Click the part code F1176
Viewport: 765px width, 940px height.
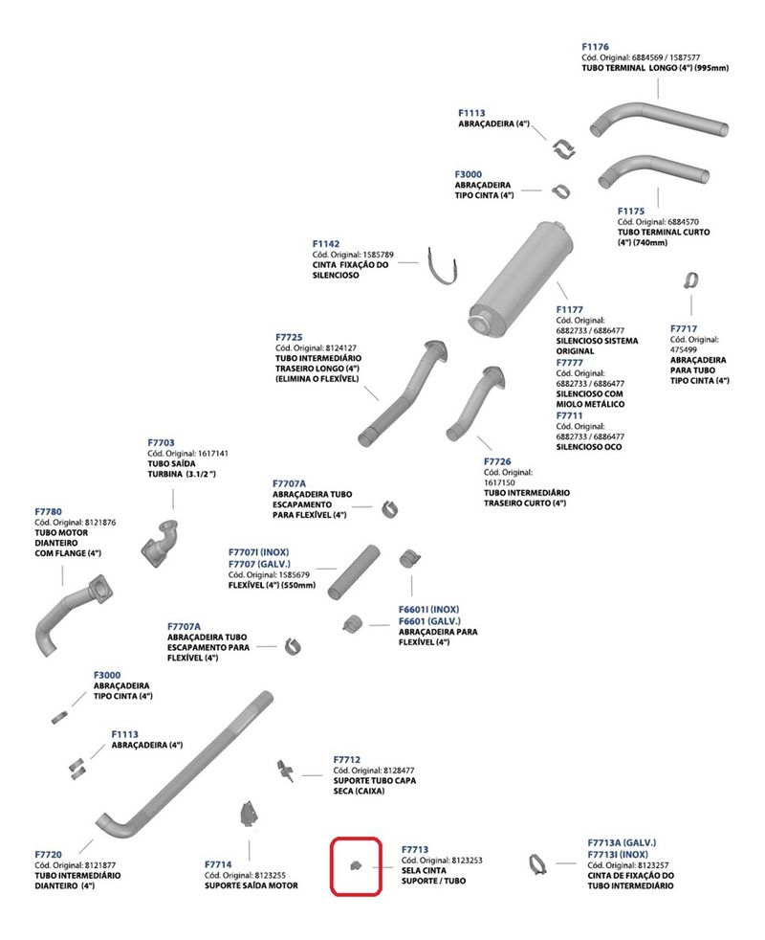coord(595,46)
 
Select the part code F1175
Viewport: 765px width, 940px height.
coord(631,211)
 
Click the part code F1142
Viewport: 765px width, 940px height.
coord(326,244)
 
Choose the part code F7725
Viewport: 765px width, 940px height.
coord(289,337)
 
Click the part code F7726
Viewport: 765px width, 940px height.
coord(497,461)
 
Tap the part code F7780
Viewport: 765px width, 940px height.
coord(48,511)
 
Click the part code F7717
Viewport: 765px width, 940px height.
coord(683,328)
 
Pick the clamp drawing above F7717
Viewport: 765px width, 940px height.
coord(688,280)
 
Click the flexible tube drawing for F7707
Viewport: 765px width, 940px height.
coord(354,571)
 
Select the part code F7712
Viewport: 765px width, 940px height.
coord(346,759)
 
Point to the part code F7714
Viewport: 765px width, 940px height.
coord(218,864)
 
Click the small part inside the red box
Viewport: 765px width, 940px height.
coord(355,866)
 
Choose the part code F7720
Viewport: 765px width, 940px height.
coord(48,854)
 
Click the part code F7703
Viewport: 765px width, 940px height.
coord(161,442)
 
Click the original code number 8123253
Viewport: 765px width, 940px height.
coord(462,861)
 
